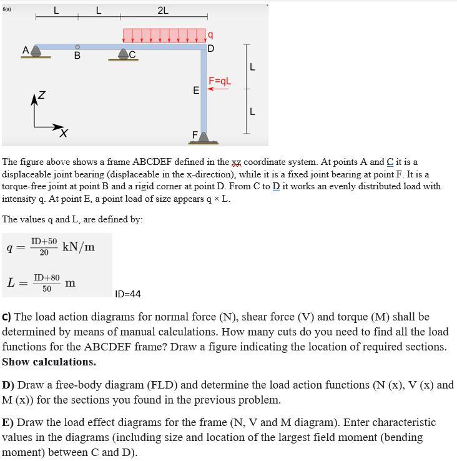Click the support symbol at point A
point(36,52)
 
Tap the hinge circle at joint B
point(77,46)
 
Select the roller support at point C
point(124,54)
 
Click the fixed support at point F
point(203,137)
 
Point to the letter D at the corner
point(210,49)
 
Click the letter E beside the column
point(196,91)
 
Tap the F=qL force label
point(220,81)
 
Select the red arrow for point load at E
point(217,89)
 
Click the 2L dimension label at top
point(163,10)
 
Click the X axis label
point(63,132)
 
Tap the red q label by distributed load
point(210,35)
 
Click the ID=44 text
point(129,294)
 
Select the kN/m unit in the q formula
point(79,246)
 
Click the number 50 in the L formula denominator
point(47,289)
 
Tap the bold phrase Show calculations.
point(49,362)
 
